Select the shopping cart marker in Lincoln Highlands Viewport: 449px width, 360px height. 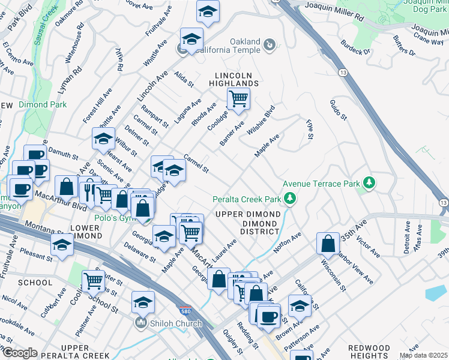[x=238, y=98]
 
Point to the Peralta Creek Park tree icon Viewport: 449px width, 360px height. [x=291, y=198]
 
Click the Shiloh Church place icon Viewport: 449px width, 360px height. [x=141, y=323]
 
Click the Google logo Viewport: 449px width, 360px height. [x=19, y=353]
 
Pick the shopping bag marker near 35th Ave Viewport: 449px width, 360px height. [x=328, y=244]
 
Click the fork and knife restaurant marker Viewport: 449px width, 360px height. [x=88, y=188]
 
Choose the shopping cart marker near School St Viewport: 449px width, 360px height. [x=93, y=280]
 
